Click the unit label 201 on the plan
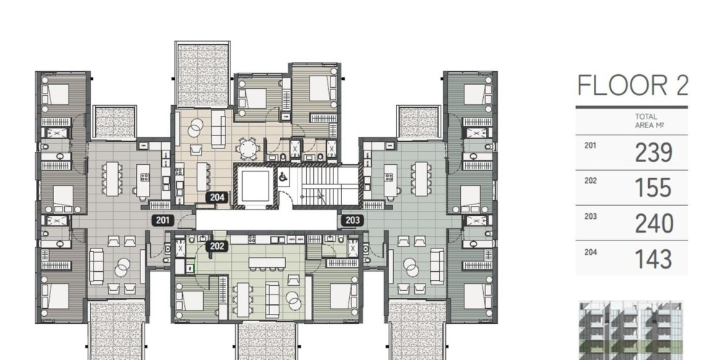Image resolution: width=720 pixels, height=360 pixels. click(x=163, y=220)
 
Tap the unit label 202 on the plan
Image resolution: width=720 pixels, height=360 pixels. click(x=217, y=246)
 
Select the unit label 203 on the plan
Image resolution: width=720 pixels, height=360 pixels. click(x=352, y=220)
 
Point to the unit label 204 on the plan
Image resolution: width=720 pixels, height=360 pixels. click(x=217, y=197)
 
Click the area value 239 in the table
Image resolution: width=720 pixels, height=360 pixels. click(x=654, y=153)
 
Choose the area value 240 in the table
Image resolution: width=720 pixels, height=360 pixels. click(x=654, y=224)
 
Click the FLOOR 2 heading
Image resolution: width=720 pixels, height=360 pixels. click(x=632, y=86)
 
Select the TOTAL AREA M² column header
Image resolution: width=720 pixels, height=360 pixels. click(x=646, y=121)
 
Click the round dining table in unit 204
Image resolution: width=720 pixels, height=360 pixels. click(x=248, y=149)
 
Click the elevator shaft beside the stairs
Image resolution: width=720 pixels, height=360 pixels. click(x=256, y=186)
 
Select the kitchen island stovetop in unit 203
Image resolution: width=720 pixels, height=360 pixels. click(x=389, y=177)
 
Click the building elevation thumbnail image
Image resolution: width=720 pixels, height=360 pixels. click(x=631, y=330)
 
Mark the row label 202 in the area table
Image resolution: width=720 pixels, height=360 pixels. click(x=590, y=181)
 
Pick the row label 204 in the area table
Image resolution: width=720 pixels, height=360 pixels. click(x=590, y=251)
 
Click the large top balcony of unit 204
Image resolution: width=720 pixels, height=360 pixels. click(x=202, y=74)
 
